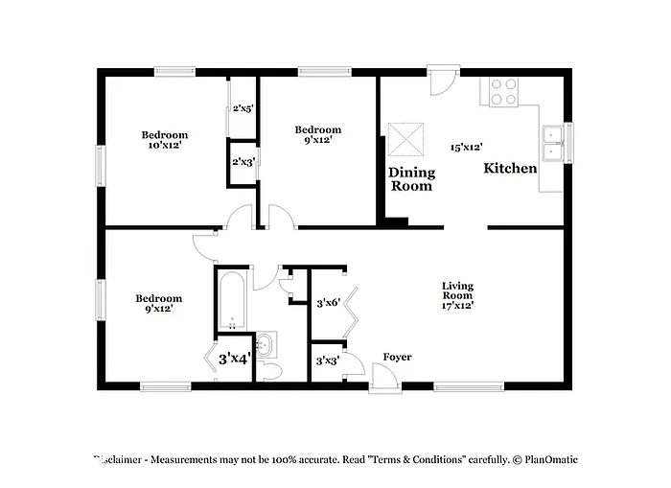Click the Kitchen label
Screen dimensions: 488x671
(x=509, y=169)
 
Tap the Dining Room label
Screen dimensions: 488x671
(x=411, y=179)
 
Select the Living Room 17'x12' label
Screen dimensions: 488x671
(x=457, y=295)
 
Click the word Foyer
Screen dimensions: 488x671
(x=397, y=358)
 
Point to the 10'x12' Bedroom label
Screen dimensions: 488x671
(x=165, y=140)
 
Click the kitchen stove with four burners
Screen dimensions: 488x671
(x=503, y=91)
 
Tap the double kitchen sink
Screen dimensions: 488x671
(x=552, y=145)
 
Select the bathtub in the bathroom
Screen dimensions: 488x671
(x=232, y=301)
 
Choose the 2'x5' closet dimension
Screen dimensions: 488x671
(x=242, y=108)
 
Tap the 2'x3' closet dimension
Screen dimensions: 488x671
(x=242, y=162)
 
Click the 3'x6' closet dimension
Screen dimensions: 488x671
(x=328, y=304)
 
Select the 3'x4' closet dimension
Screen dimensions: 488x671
(x=234, y=360)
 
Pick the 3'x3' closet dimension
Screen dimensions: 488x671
(x=328, y=361)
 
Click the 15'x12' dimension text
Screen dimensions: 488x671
(x=466, y=148)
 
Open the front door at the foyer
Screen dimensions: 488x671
(x=382, y=381)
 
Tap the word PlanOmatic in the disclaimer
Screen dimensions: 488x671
(x=549, y=460)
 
